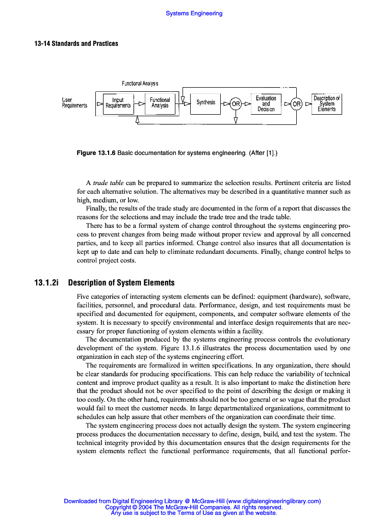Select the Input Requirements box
(x=118, y=103)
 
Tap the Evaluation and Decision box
(x=266, y=103)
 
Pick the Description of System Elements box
(x=327, y=103)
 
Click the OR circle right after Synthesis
(x=236, y=104)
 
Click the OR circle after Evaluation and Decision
(x=296, y=104)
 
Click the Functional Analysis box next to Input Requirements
(x=160, y=103)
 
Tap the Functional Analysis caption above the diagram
(x=140, y=83)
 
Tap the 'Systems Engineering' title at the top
(x=194, y=13)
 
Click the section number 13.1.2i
(x=47, y=282)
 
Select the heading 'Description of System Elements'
(x=121, y=282)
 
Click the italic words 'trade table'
(x=108, y=182)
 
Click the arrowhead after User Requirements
(x=100, y=104)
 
